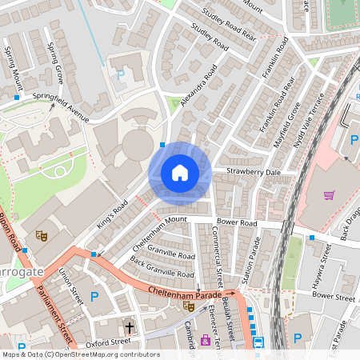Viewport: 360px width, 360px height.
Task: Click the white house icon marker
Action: [x=180, y=173]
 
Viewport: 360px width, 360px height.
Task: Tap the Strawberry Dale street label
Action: [x=253, y=172]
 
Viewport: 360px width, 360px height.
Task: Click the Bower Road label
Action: [x=236, y=222]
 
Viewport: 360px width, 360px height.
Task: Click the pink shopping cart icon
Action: [x=328, y=194]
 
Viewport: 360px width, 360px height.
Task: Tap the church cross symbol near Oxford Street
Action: [x=130, y=326]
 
